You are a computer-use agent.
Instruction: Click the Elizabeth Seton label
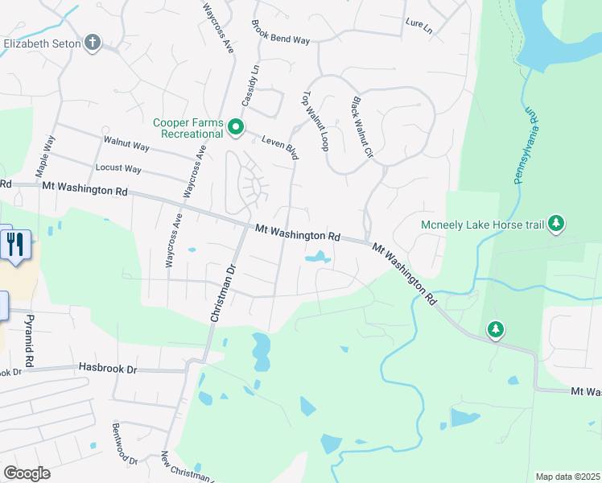[x=41, y=43]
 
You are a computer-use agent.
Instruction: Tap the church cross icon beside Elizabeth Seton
[x=93, y=43]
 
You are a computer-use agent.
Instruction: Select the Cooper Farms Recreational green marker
[x=236, y=127]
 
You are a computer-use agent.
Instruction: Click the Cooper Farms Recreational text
[x=188, y=128]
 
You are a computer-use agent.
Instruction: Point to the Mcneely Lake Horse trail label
[x=482, y=225]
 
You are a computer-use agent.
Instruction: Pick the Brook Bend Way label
[x=280, y=32]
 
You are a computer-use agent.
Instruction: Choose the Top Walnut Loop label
[x=315, y=121]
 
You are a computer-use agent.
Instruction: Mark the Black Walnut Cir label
[x=361, y=127]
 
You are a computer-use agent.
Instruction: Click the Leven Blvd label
[x=280, y=147]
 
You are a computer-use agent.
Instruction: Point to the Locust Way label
[x=118, y=169]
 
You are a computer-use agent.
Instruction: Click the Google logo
[x=27, y=473]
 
